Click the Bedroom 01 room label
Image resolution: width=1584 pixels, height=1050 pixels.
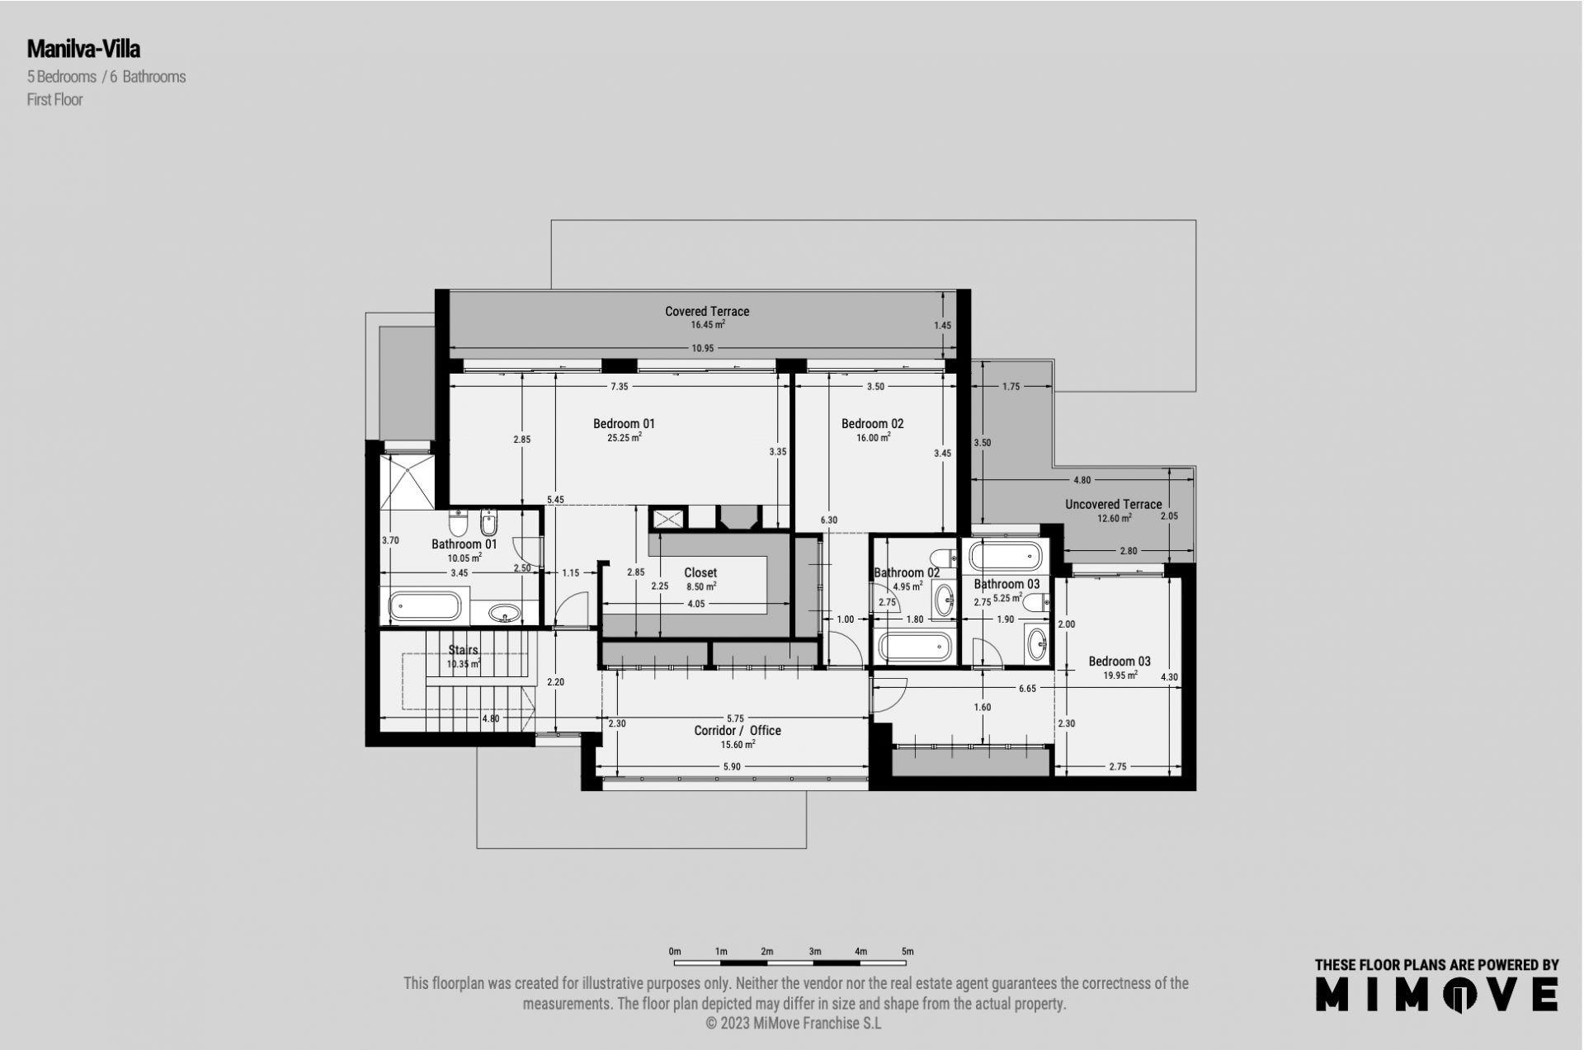point(624,424)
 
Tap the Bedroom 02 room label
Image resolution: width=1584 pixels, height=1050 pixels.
point(872,424)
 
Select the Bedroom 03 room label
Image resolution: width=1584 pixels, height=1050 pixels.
point(1120,662)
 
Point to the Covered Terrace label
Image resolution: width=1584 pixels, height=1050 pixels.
point(707,312)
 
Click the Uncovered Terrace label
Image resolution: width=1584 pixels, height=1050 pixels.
point(1113,505)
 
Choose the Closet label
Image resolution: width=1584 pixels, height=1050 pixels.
point(700,573)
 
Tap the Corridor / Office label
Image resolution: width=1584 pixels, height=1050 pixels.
point(737,731)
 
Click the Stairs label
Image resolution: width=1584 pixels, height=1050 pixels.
point(463,651)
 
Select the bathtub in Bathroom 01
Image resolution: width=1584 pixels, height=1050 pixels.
point(425,607)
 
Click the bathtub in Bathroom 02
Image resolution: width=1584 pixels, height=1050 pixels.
point(915,647)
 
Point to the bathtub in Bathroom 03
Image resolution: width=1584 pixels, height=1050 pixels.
point(1006,556)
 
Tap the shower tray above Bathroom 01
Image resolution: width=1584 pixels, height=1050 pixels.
point(407,482)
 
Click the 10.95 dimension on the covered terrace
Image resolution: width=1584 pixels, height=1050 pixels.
point(703,349)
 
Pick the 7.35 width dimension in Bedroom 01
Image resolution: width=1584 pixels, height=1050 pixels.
point(620,387)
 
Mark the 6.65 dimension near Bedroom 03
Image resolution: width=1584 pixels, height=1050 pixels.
point(1027,689)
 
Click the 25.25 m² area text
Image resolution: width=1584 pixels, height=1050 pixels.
point(624,438)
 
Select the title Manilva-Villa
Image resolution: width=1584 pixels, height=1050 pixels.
point(83,49)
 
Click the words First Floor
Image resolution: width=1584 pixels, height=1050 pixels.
point(55,100)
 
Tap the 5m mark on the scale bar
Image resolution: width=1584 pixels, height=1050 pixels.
point(907,952)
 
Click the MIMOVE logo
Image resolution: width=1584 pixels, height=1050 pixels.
point(1436,994)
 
